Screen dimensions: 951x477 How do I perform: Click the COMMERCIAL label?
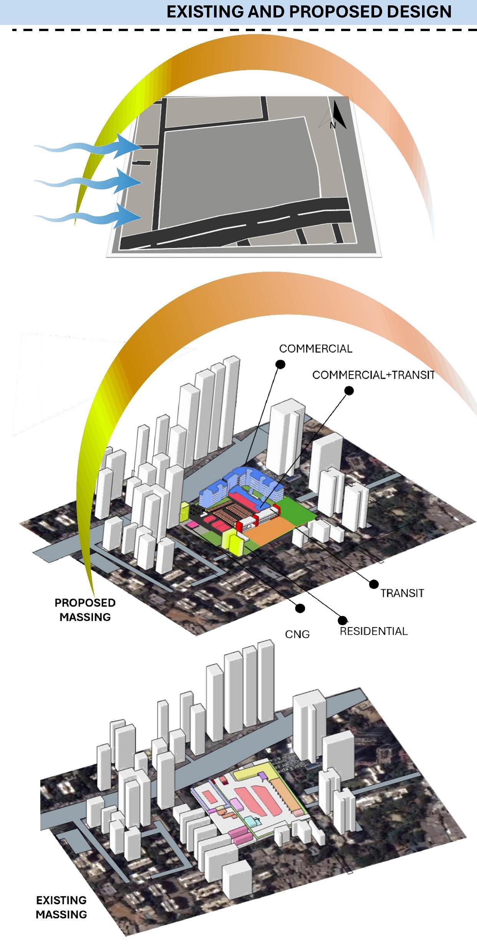(315, 348)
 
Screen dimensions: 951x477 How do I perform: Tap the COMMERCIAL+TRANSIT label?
(373, 375)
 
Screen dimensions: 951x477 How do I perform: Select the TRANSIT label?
(402, 593)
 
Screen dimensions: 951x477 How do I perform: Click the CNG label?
(297, 634)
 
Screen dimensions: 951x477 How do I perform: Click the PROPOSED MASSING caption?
(85, 610)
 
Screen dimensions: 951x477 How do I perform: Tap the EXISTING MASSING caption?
(61, 907)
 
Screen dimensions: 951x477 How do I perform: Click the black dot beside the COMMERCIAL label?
(281, 364)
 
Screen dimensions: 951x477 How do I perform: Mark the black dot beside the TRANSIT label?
(374, 584)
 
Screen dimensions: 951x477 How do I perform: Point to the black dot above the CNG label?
(300, 608)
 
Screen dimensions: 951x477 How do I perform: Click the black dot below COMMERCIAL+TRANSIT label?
(349, 391)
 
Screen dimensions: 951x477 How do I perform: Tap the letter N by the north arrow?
(333, 125)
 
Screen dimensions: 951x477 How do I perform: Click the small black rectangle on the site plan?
(141, 163)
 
